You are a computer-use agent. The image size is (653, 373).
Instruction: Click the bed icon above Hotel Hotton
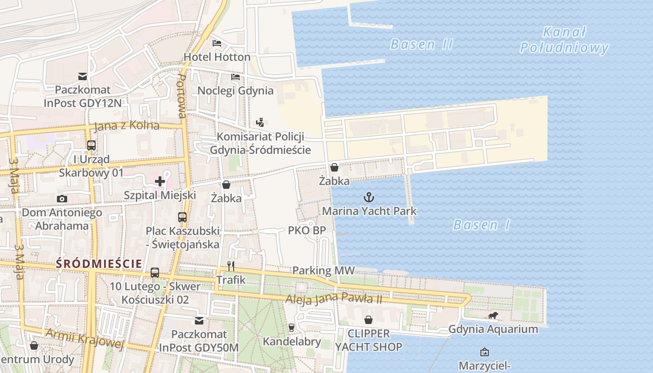point(217,43)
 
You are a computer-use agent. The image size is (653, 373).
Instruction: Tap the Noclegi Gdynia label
point(236,90)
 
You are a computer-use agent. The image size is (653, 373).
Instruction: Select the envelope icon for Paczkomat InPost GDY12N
point(83,76)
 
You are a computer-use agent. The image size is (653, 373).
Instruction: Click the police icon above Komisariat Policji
point(260,123)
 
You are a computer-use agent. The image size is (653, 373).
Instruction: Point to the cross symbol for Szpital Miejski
point(160,181)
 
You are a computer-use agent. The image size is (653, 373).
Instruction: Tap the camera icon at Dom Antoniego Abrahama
point(62,199)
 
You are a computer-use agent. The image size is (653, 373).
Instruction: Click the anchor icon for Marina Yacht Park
point(369,197)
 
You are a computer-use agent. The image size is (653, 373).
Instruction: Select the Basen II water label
point(422,44)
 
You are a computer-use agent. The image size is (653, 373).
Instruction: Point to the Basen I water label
point(482,225)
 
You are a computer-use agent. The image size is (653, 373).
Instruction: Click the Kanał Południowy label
point(564,40)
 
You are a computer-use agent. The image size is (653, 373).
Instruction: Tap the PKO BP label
point(306,230)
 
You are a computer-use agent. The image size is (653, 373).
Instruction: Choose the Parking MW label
point(323,270)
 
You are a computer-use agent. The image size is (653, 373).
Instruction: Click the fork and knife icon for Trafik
point(231,266)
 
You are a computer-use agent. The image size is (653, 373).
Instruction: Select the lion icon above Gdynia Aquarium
point(493,316)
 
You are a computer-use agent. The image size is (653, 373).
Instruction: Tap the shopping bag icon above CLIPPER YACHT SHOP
point(368,320)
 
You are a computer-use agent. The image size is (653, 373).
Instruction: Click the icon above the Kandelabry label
point(292,328)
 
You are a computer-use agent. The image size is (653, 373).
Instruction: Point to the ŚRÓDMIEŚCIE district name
point(99,263)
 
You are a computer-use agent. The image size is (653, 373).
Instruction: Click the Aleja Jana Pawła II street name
point(334,298)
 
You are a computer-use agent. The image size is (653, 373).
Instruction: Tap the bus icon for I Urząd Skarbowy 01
point(91,145)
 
